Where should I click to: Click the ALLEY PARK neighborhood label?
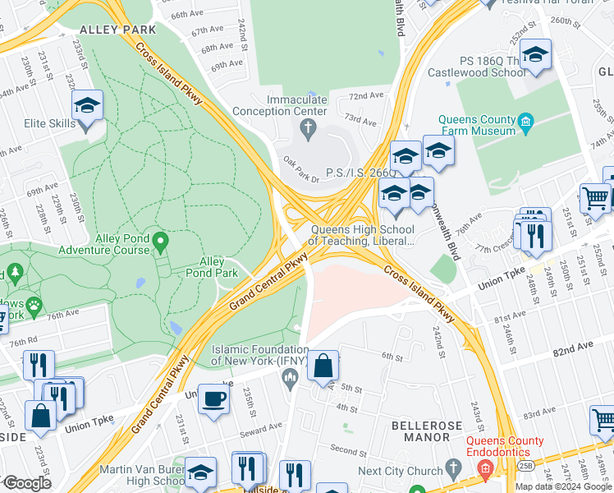pos(117,29)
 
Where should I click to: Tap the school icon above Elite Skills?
pos(87,106)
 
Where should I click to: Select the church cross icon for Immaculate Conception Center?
pos(308,127)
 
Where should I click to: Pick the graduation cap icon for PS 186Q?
pos(535,54)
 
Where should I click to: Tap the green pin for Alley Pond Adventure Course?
pos(161,242)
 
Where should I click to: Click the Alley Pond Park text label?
pos(213,267)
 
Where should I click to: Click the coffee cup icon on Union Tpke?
pos(214,399)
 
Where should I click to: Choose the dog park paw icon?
pos(34,307)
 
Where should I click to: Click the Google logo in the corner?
pos(26,483)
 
